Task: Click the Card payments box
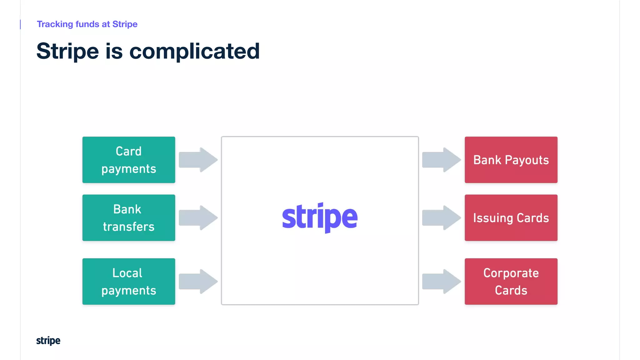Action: [128, 160]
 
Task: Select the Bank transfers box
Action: [128, 218]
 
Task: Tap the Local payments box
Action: [128, 281]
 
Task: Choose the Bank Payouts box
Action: [511, 160]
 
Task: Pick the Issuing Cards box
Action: [511, 218]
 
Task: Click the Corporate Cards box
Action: [511, 281]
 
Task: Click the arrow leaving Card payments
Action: [198, 160]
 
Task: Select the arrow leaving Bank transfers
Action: [198, 218]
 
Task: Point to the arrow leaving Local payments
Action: [198, 281]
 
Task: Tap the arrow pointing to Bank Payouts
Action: [441, 160]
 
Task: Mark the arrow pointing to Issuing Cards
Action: [441, 218]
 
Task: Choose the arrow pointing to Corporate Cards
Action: [441, 281]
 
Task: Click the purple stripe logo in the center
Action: [320, 217]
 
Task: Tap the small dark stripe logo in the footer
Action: [48, 341]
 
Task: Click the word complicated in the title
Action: [194, 51]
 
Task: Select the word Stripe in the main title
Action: [67, 52]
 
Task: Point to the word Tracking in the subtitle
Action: [55, 24]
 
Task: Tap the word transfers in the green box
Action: [129, 227]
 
